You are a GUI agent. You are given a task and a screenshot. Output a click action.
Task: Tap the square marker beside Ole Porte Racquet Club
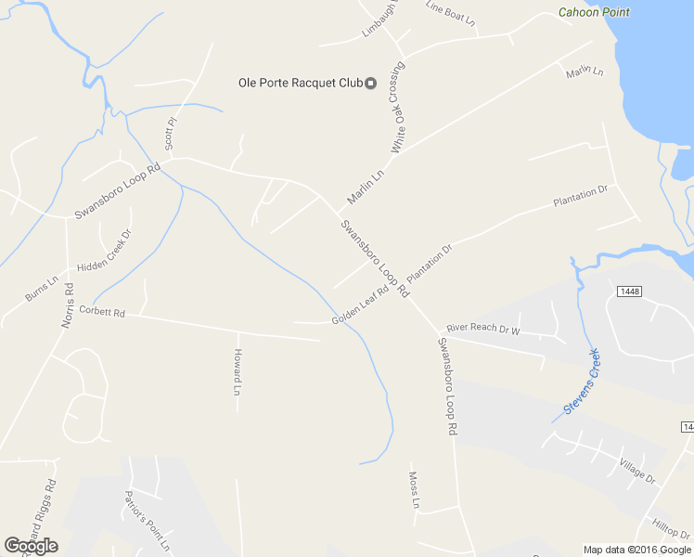[371, 84]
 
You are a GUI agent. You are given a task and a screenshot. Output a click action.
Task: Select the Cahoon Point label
[594, 12]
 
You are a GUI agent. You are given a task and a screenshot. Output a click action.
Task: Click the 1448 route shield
[630, 291]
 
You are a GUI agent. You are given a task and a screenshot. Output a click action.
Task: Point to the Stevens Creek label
[582, 381]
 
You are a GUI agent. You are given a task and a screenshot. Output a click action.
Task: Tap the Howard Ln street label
[238, 372]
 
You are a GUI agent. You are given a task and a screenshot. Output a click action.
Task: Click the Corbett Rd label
[102, 311]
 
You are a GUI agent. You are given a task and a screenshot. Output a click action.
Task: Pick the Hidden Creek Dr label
[105, 252]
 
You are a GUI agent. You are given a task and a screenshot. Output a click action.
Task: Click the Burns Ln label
[42, 288]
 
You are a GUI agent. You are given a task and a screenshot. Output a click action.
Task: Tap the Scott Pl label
[170, 134]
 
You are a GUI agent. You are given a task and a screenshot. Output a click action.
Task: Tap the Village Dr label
[637, 471]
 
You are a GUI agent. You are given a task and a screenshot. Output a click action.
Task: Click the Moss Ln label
[415, 490]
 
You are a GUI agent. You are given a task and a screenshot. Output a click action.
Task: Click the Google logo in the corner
[31, 546]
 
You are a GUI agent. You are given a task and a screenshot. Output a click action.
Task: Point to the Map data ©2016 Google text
[637, 550]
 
